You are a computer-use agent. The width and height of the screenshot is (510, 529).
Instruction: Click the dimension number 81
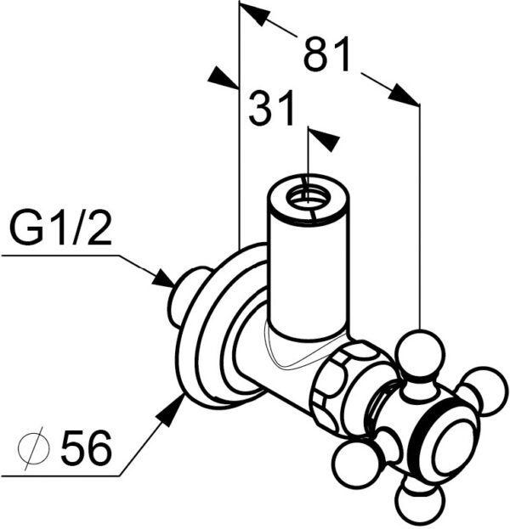[x=326, y=55]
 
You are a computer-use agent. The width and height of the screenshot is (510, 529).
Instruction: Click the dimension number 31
[x=271, y=110]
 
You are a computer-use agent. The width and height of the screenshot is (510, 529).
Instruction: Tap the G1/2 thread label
[x=61, y=230]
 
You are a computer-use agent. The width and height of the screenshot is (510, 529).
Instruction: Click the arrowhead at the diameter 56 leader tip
[x=173, y=410]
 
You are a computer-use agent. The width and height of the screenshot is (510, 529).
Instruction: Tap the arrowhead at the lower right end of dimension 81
[x=405, y=95]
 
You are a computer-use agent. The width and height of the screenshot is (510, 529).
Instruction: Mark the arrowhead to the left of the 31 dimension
[x=222, y=77]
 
